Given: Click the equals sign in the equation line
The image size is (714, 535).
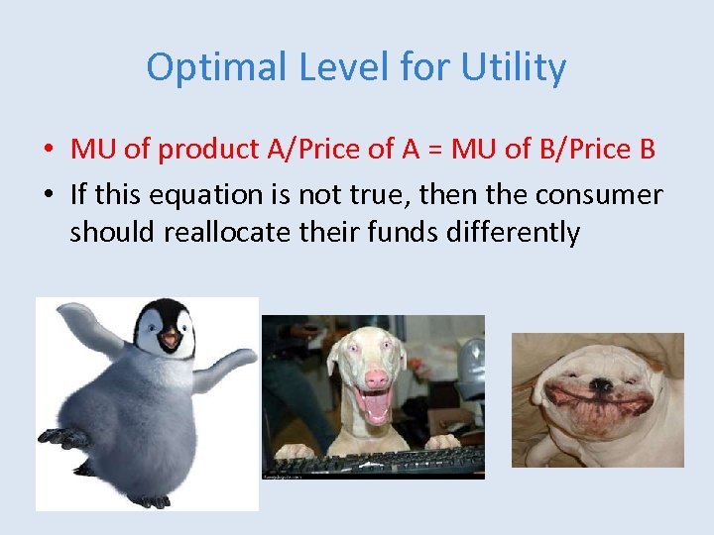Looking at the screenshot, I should [435, 149].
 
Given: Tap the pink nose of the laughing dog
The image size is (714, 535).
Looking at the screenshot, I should [375, 379].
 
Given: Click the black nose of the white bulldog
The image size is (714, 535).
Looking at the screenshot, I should [600, 384].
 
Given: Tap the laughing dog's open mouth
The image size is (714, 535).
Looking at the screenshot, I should [374, 407].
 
